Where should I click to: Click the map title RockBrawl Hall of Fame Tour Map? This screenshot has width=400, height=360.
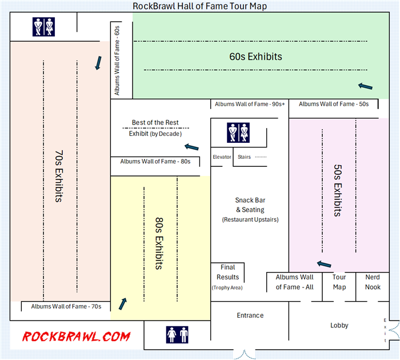[200, 6]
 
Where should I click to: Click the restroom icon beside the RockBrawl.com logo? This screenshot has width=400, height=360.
[177, 334]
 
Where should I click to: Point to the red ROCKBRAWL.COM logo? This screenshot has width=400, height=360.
[76, 337]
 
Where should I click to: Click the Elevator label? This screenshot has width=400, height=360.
[222, 157]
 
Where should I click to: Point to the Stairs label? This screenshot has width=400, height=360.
[244, 157]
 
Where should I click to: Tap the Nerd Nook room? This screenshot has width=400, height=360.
[373, 282]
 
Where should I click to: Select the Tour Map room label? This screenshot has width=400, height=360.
[339, 282]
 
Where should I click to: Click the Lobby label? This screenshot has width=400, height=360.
[339, 325]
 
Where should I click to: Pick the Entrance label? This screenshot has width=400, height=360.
[250, 315]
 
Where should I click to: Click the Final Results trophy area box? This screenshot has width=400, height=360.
[227, 277]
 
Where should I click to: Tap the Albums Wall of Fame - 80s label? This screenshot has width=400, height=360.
[155, 162]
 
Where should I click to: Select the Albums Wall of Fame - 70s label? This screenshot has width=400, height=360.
[66, 306]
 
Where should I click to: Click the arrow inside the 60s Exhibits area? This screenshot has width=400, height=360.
[365, 86]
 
